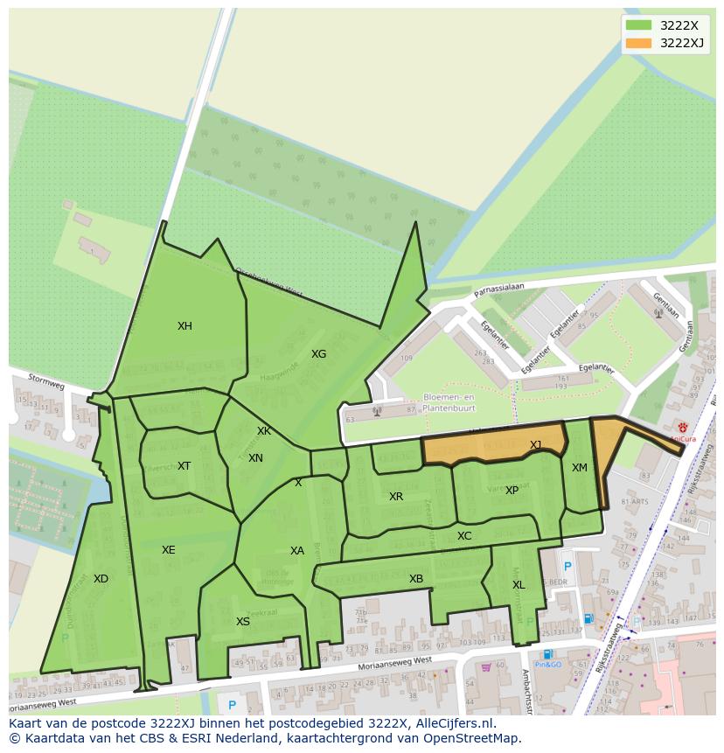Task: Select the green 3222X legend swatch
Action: point(638,25)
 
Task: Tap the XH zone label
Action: point(184,326)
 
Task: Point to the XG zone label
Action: point(318,354)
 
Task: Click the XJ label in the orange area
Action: point(535,445)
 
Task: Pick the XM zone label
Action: point(579,468)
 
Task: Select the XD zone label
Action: point(101,579)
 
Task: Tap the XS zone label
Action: point(243,622)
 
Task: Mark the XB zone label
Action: point(416,579)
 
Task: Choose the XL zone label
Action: point(519,585)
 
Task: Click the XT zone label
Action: point(184,466)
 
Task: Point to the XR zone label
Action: point(396,497)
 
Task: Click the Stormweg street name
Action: point(46,382)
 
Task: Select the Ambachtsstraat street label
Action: point(526,691)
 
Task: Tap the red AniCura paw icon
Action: point(683,427)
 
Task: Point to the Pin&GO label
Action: point(548,666)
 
